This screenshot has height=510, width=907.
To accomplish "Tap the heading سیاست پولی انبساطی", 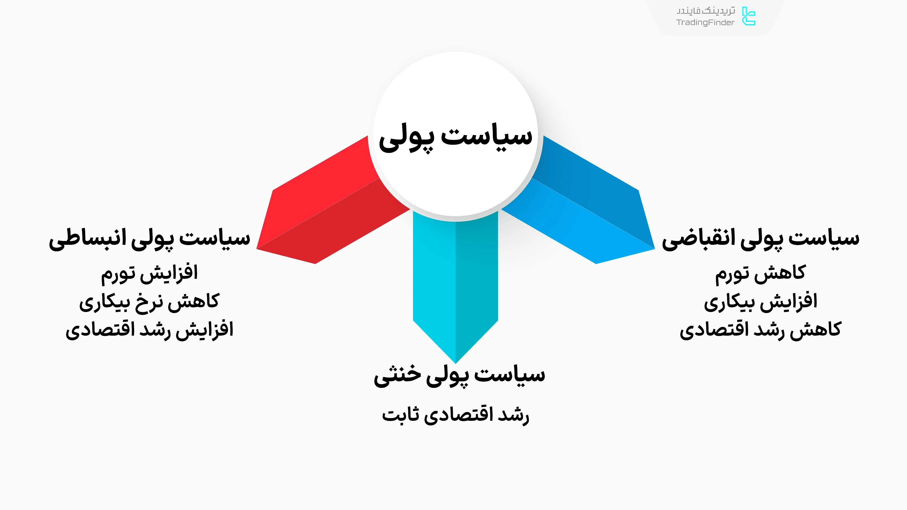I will (150, 239).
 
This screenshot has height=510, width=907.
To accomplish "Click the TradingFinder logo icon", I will (749, 16).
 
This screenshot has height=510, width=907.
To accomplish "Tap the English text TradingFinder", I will (705, 23).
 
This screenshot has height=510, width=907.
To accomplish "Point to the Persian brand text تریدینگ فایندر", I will (706, 11).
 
